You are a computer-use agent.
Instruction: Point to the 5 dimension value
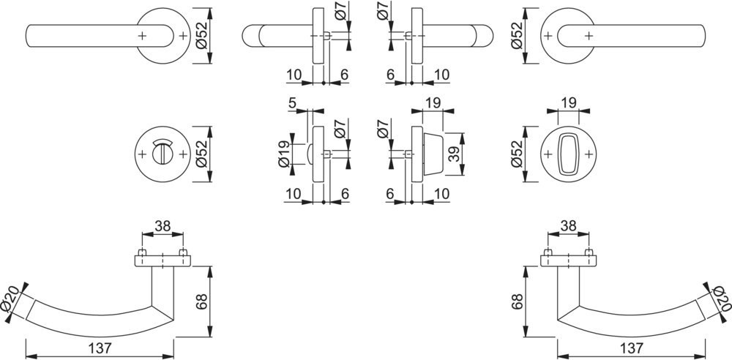coord(292,103)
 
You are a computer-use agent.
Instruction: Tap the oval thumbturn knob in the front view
coord(568,154)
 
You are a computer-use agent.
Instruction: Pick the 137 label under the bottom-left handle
coord(99,348)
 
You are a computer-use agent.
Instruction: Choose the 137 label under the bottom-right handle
coord(632,348)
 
